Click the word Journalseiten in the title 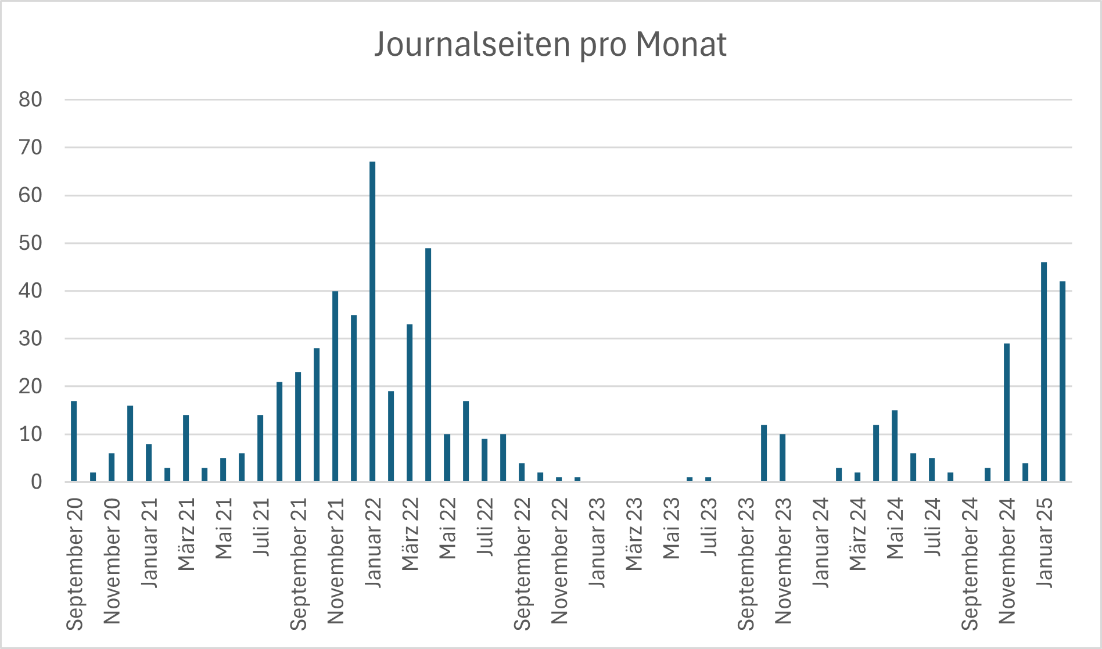[x=473, y=44]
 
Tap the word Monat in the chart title [x=681, y=44]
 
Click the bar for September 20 [x=74, y=441]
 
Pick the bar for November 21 [x=335, y=386]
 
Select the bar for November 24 [x=1007, y=413]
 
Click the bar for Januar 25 [x=1044, y=372]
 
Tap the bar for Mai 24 [x=895, y=446]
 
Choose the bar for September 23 [x=764, y=453]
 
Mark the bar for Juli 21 [x=260, y=448]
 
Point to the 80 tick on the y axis [x=31, y=100]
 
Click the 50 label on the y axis [x=31, y=243]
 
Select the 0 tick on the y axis [x=37, y=482]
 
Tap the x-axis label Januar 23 [x=597, y=542]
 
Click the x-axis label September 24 [x=970, y=564]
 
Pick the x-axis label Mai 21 [x=224, y=528]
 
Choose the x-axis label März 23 [x=634, y=534]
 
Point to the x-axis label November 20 [x=112, y=561]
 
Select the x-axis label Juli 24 [x=932, y=526]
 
